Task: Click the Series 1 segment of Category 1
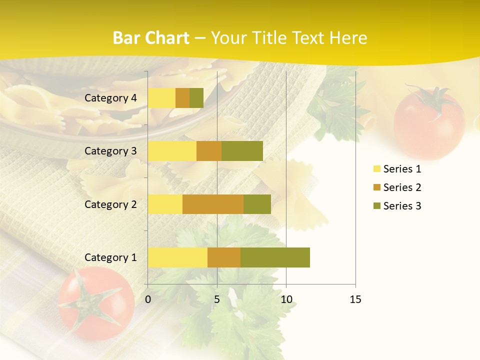pyautogui.click(x=177, y=257)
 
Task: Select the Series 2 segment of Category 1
pyautogui.click(x=224, y=257)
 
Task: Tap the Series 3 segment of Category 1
pyautogui.click(x=275, y=257)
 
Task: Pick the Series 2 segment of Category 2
pyautogui.click(x=213, y=204)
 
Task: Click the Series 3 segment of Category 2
pyautogui.click(x=257, y=204)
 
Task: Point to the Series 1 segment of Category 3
pyautogui.click(x=172, y=151)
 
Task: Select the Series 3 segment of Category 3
pyautogui.click(x=242, y=151)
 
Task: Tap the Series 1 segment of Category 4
pyautogui.click(x=161, y=98)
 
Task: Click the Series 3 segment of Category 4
pyautogui.click(x=196, y=98)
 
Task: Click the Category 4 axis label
pyautogui.click(x=110, y=98)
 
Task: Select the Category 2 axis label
pyautogui.click(x=110, y=204)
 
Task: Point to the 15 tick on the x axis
pyautogui.click(x=355, y=299)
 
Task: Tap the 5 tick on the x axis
pyautogui.click(x=217, y=299)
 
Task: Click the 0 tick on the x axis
pyautogui.click(x=148, y=299)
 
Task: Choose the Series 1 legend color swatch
pyautogui.click(x=376, y=169)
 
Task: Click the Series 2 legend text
pyautogui.click(x=402, y=187)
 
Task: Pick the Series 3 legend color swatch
pyautogui.click(x=376, y=206)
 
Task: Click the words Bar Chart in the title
pyautogui.click(x=151, y=38)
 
